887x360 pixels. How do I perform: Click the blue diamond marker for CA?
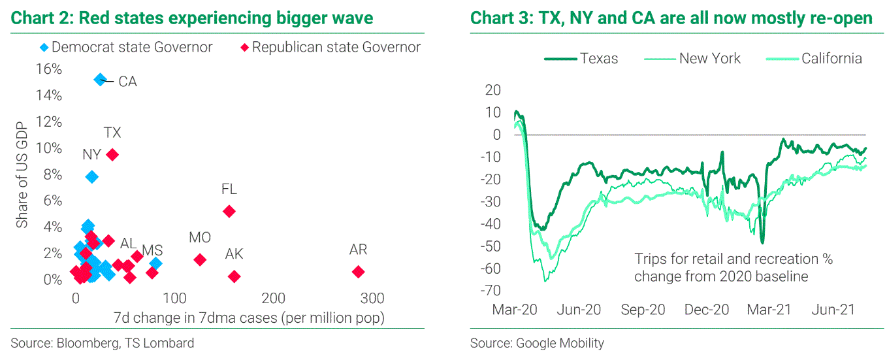point(100,80)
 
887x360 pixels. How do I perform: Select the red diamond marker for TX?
point(112,155)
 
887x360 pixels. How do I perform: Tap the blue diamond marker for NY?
point(92,177)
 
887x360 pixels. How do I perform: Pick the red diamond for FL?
point(229,211)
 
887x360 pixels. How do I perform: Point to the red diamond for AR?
point(358,272)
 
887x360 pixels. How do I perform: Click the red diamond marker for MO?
point(200,259)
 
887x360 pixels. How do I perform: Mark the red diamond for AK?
point(234,276)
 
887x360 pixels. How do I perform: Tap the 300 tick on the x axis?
point(373,299)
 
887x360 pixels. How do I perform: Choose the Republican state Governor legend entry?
point(330,47)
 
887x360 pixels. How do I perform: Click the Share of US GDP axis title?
point(22,174)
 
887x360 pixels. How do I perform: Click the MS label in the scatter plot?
point(152,250)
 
